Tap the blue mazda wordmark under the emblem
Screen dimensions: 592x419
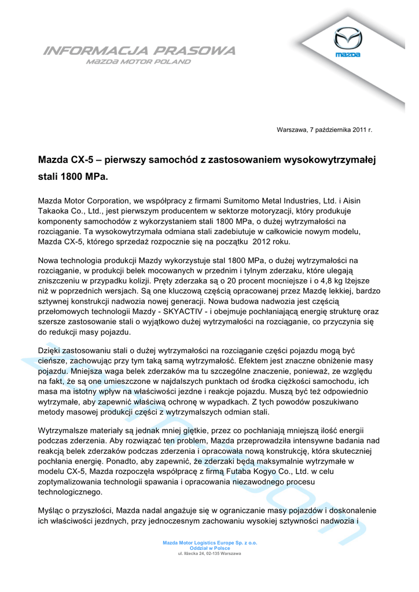(348, 55)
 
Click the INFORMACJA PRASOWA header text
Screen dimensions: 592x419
(139, 51)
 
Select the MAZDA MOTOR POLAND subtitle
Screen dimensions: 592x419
(138, 61)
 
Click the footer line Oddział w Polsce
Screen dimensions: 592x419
(209, 548)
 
